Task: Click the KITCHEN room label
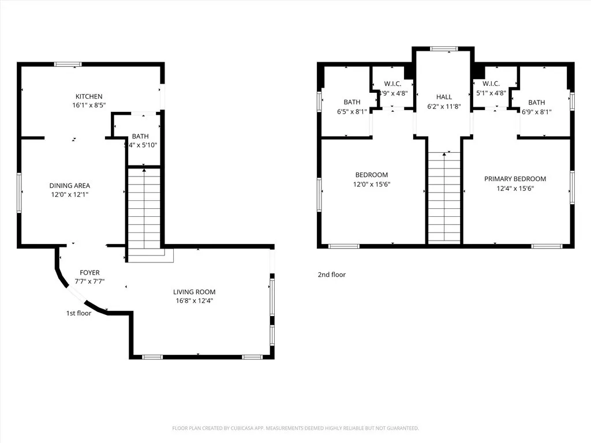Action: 89,96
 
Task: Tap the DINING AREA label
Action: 69,186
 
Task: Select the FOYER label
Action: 89,272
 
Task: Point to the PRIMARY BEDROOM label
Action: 515,179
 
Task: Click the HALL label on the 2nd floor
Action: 444,97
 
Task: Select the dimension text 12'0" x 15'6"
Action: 371,184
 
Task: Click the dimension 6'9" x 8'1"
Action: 536,112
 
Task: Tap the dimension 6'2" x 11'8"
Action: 444,106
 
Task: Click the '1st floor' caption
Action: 78,314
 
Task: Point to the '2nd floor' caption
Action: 331,275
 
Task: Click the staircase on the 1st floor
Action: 144,211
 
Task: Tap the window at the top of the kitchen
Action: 68,64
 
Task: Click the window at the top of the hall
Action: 444,49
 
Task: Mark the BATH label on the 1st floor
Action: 140,136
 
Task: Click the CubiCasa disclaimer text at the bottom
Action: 295,428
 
